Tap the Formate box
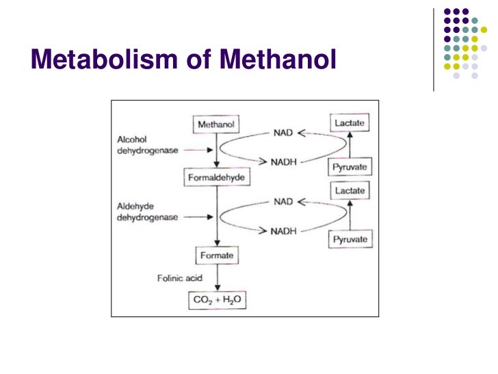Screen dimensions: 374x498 [217, 255]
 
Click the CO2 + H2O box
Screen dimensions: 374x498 [217, 299]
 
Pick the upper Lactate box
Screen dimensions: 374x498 [350, 123]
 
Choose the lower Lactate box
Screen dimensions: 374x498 [350, 190]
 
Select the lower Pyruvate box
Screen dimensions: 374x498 [350, 239]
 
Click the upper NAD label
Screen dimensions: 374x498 [283, 134]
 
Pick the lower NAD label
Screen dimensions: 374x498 [283, 203]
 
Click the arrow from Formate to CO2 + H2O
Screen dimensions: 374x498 [217, 277]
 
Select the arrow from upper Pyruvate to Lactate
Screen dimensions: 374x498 [350, 145]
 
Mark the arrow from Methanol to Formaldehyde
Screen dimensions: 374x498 [217, 151]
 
